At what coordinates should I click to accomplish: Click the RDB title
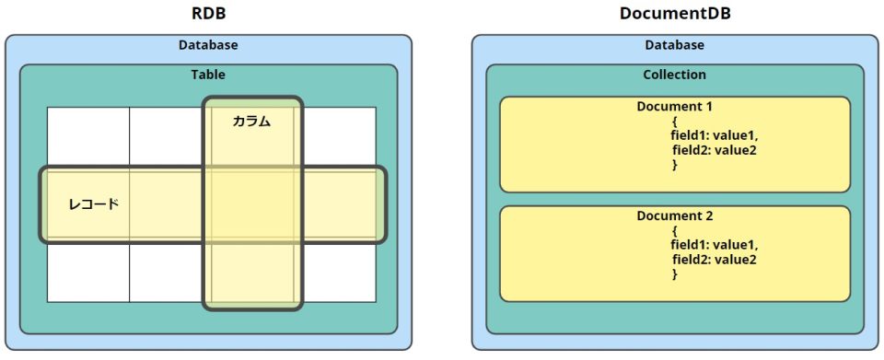(208, 15)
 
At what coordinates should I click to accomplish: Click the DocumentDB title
(674, 15)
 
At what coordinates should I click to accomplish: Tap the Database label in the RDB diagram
(208, 45)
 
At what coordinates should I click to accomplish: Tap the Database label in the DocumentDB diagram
(674, 45)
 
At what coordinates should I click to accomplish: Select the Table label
(208, 75)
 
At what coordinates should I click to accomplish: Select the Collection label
(674, 75)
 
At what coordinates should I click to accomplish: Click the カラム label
(251, 121)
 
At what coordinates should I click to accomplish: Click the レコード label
(94, 203)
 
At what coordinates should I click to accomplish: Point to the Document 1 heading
(675, 107)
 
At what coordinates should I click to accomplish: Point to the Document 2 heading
(675, 216)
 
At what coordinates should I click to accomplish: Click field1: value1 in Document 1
(714, 135)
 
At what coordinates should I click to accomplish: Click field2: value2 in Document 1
(714, 150)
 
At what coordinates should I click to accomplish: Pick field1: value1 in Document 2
(714, 245)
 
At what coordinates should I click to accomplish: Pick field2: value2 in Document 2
(714, 260)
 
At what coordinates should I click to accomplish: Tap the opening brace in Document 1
(675, 121)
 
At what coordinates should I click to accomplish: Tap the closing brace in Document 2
(675, 274)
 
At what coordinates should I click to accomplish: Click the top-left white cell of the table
(88, 136)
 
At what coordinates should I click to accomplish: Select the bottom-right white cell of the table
(339, 273)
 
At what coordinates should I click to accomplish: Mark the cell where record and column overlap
(251, 204)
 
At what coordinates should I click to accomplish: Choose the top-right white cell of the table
(339, 136)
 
